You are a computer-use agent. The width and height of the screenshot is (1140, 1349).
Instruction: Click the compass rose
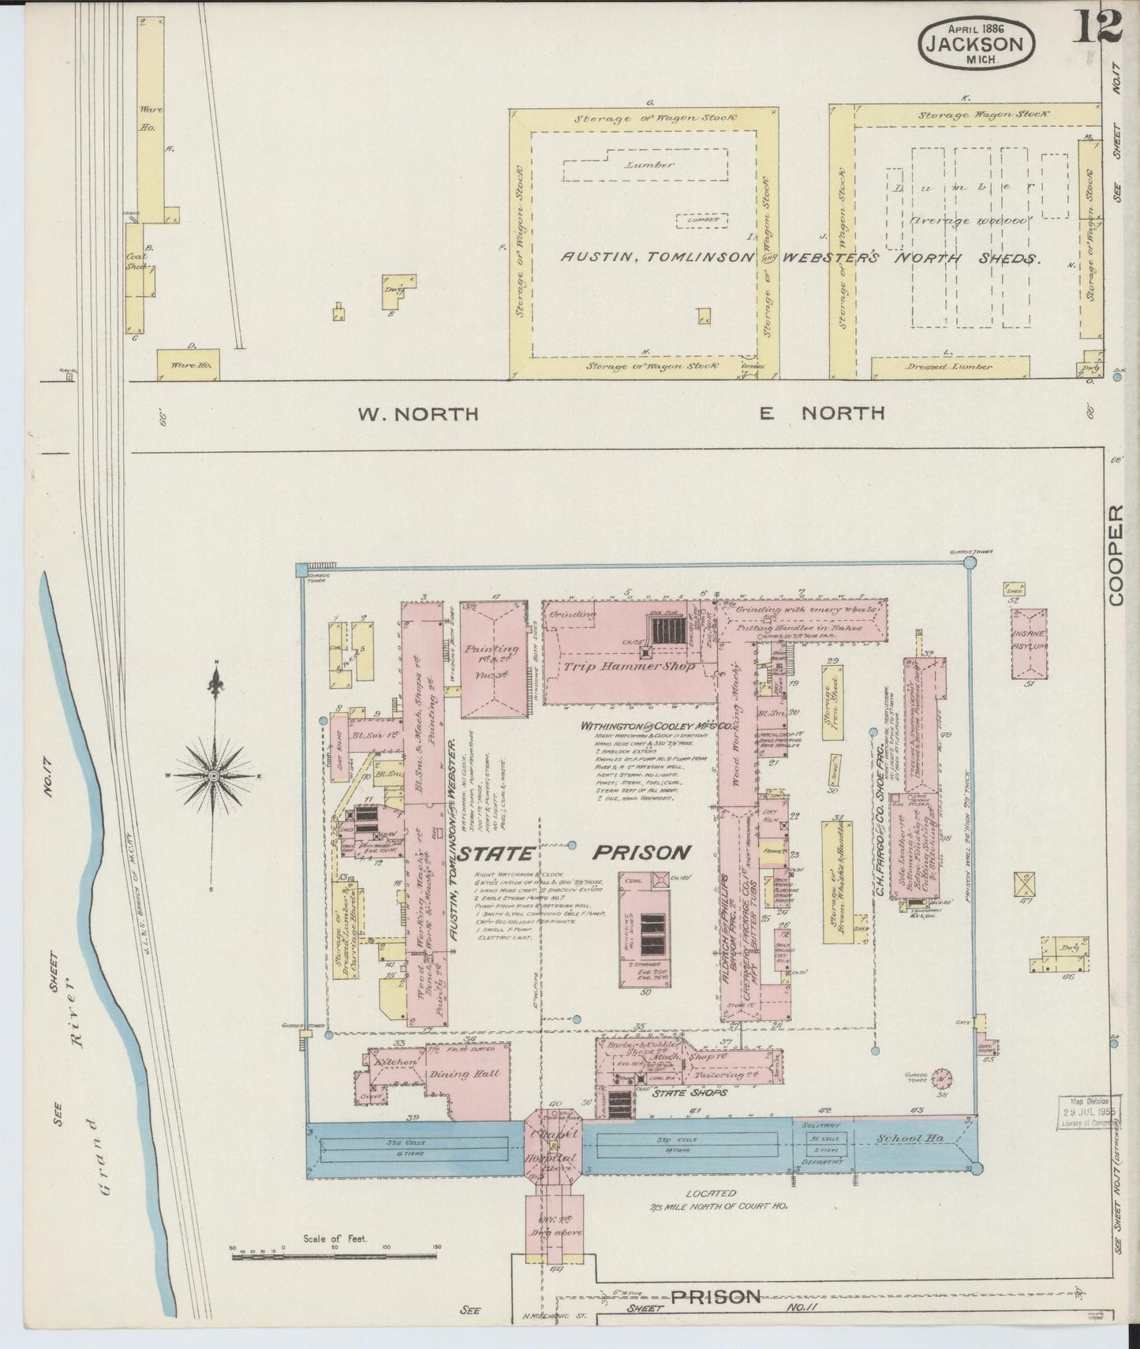tap(213, 776)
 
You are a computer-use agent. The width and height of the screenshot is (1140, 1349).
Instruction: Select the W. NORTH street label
tap(419, 413)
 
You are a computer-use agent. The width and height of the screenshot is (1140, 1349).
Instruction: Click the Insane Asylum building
tap(1029, 643)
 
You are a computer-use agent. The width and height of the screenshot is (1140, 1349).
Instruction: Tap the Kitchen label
tap(397, 1063)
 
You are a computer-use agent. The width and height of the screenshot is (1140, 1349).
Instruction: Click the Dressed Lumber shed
tap(949, 367)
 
